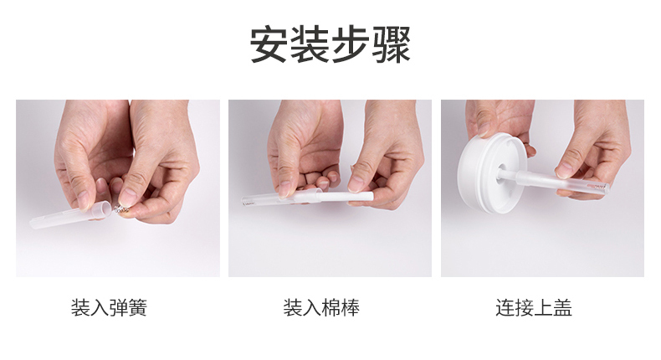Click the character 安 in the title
pos(269,44)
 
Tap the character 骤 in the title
pos(392,44)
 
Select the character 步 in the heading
pos(351,44)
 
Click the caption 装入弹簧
pos(109,307)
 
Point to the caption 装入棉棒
pos(321,307)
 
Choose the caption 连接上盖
pos(534,307)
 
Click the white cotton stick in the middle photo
pos(346,197)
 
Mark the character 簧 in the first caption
pos(137,307)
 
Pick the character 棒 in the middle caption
pos(350,307)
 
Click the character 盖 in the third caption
pos(562,307)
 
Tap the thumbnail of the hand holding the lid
pos(542,188)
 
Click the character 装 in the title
pos(310,44)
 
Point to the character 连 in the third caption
pos(505,307)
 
